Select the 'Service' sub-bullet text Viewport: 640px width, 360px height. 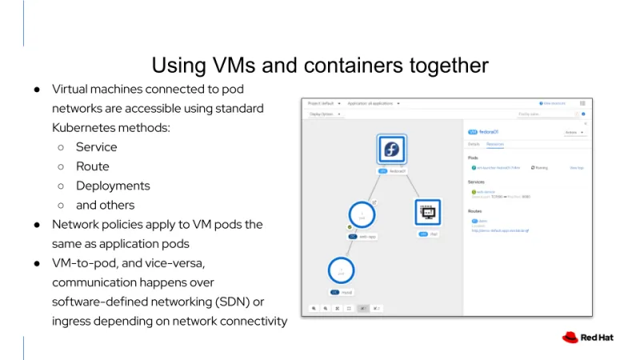point(96,147)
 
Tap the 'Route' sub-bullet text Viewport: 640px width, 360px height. point(92,166)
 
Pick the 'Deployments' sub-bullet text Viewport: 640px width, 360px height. point(113,186)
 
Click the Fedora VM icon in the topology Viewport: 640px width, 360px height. point(392,150)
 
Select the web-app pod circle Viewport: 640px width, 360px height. point(362,215)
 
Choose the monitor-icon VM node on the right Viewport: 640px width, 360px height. point(427,212)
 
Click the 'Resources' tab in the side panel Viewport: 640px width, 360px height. point(496,144)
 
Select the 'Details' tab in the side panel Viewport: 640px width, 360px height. point(474,144)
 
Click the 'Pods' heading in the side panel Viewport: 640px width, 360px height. point(473,158)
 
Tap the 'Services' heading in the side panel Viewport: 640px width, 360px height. point(476,182)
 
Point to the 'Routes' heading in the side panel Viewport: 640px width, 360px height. point(475,210)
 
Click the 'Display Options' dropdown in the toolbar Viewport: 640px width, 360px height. point(324,114)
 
